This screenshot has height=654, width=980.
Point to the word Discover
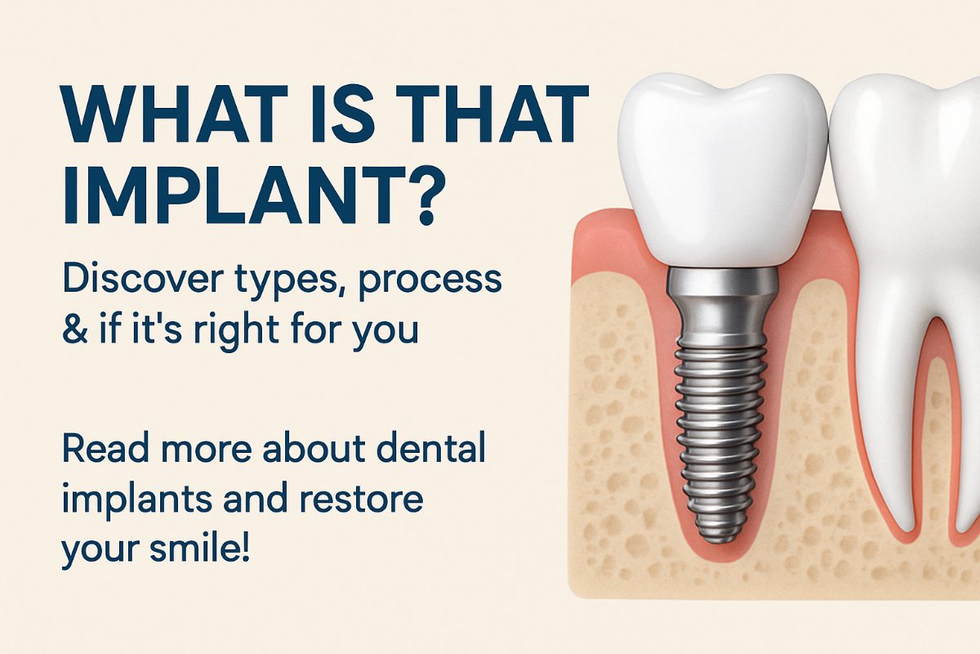click(x=143, y=279)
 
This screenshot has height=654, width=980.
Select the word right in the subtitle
click(x=236, y=331)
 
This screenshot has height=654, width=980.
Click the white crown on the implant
click(x=723, y=172)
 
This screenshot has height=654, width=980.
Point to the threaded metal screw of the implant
click(x=719, y=442)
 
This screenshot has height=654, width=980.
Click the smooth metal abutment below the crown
click(x=721, y=307)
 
